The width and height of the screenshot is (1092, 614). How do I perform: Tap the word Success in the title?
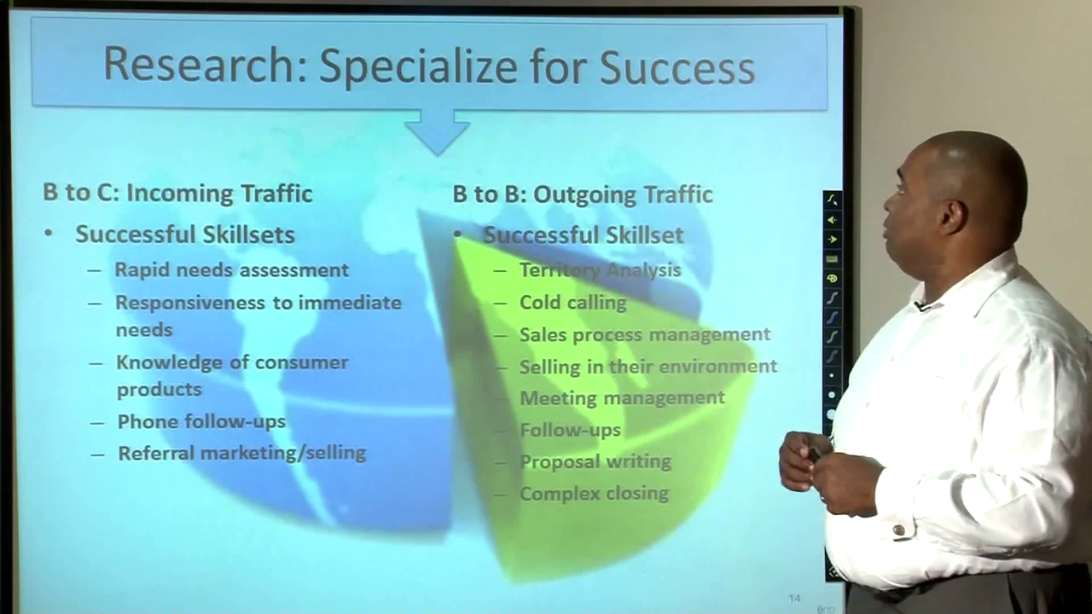pyautogui.click(x=677, y=67)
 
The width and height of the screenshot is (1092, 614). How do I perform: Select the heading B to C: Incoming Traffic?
pyautogui.click(x=177, y=193)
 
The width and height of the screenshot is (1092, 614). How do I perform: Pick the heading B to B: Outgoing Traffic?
pyautogui.click(x=583, y=195)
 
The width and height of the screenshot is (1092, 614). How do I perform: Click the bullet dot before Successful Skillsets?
pyautogui.click(x=49, y=234)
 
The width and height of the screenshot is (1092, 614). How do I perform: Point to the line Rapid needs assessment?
pyautogui.click(x=231, y=270)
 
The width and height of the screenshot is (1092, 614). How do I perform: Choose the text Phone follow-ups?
pyautogui.click(x=201, y=421)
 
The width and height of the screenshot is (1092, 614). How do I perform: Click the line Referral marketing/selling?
pyautogui.click(x=241, y=453)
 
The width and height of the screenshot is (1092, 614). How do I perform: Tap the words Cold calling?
pyautogui.click(x=572, y=303)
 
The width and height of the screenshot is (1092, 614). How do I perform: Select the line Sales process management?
pyautogui.click(x=644, y=335)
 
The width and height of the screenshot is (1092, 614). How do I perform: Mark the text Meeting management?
pyautogui.click(x=622, y=398)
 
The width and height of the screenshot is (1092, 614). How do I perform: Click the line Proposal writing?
pyautogui.click(x=595, y=461)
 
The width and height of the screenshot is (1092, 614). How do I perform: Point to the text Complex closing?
pyautogui.click(x=595, y=494)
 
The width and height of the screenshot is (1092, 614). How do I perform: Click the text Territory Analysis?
pyautogui.click(x=600, y=270)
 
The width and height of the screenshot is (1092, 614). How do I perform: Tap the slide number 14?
pyautogui.click(x=794, y=598)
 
